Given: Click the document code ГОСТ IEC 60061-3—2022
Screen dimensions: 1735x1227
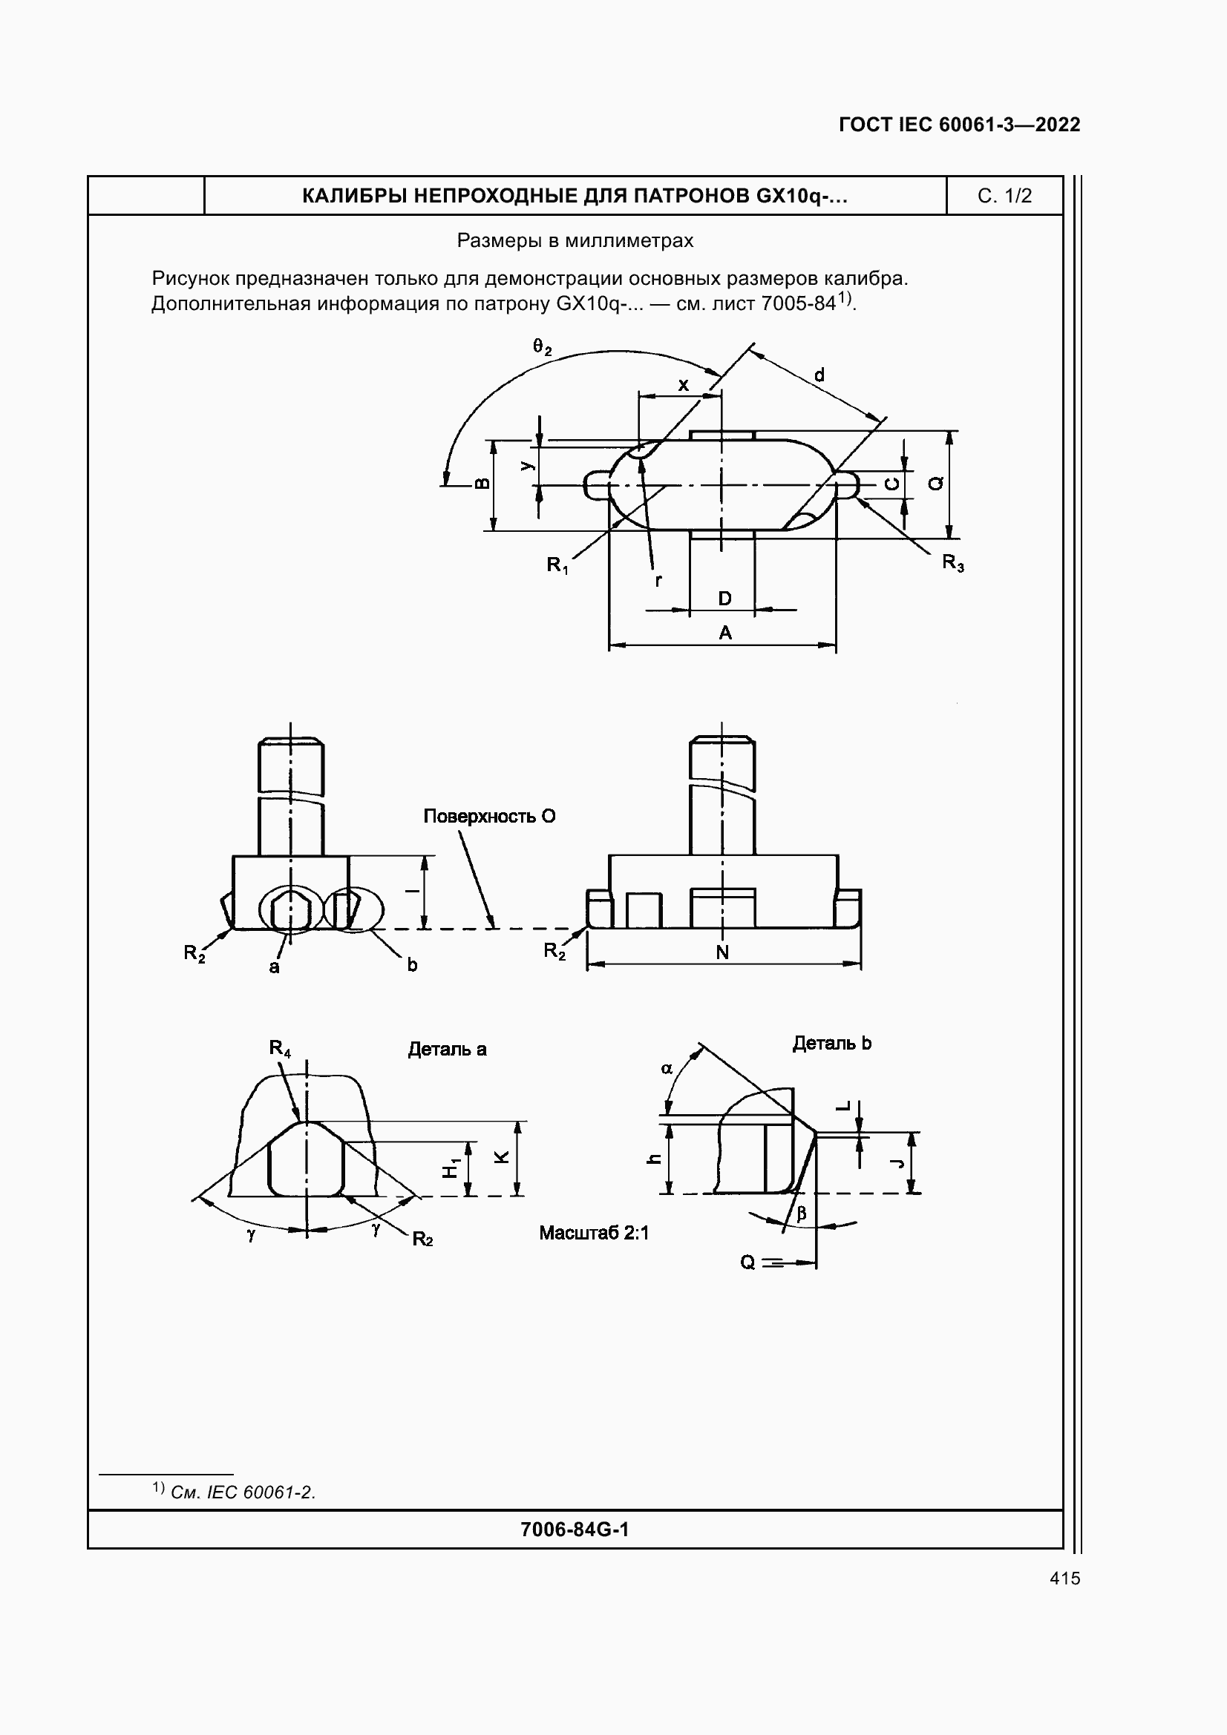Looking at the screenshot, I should click(x=958, y=125).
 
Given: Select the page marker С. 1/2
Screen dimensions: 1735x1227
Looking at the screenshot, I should click(x=1004, y=196).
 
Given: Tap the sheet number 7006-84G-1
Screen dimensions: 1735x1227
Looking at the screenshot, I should click(x=575, y=1530).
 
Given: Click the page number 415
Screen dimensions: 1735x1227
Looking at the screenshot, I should click(x=1064, y=1578).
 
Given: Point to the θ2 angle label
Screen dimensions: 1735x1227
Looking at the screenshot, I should click(x=542, y=347).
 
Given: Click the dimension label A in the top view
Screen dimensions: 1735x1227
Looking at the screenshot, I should click(x=724, y=633).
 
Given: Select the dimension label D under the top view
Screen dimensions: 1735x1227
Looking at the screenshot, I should click(x=724, y=599).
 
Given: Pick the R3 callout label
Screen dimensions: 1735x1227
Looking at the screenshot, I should click(x=952, y=562).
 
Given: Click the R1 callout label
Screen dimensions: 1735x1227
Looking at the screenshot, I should click(x=557, y=564).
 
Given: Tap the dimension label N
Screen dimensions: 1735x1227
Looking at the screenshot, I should click(x=722, y=952).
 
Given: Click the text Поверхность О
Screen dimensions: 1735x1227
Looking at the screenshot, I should click(x=489, y=816).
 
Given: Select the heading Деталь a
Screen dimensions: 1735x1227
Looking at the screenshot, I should click(x=447, y=1049).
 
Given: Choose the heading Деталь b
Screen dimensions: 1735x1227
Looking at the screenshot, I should click(x=831, y=1043).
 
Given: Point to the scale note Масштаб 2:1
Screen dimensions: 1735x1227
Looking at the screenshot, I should click(x=594, y=1234).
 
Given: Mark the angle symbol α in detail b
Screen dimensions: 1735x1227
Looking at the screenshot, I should click(x=667, y=1068).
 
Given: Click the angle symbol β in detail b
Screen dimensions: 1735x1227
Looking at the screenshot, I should click(x=802, y=1213).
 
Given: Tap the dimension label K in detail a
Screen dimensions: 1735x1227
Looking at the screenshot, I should click(x=501, y=1157).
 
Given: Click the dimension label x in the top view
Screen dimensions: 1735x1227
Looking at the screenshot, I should click(x=683, y=385).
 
